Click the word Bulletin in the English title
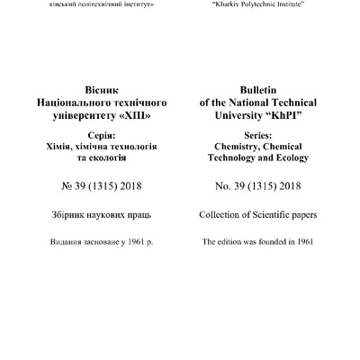pyautogui.click(x=255, y=91)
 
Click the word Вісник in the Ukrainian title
pyautogui.click(x=98, y=91)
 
